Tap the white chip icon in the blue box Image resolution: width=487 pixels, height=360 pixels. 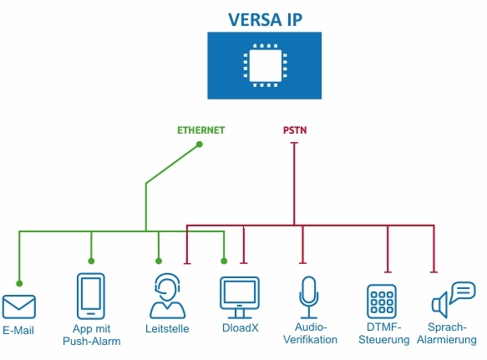[264, 65]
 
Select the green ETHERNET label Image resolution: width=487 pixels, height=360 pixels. [200, 130]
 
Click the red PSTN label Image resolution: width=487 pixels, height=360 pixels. [294, 130]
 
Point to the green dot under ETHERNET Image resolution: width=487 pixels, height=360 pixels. [200, 145]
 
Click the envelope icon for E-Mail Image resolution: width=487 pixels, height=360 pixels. [18, 307]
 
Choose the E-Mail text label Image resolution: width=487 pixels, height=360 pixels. [18, 330]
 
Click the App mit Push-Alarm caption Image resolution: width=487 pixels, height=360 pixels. [91, 335]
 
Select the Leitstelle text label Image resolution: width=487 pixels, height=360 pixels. [167, 329]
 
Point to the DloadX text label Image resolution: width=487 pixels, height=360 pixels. [239, 329]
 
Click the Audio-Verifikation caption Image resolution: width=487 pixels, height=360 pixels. [311, 334]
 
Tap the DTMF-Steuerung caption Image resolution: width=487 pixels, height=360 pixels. [383, 334]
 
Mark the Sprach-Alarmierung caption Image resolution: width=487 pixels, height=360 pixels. [451, 334]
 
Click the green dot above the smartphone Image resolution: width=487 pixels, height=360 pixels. [91, 261]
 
